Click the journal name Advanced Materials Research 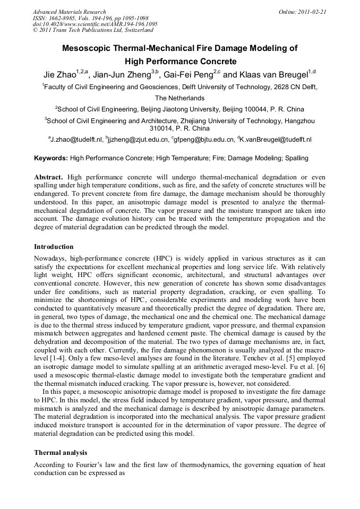point(69,12)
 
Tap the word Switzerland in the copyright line point(135,31)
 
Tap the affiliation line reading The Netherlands point(179,98)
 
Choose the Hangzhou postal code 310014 point(166,128)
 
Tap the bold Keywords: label point(51,158)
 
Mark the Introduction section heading point(54,246)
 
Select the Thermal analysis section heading point(61,453)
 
